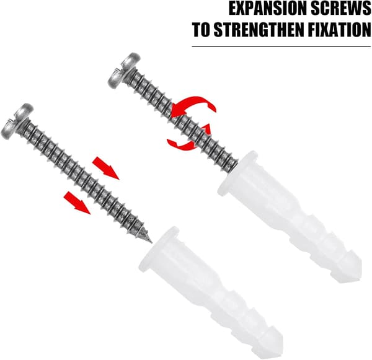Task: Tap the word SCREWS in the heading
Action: tap(340, 9)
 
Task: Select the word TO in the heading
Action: tap(201, 29)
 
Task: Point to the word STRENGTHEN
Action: tap(259, 29)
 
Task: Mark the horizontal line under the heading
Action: tap(281, 46)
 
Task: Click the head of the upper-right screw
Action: tap(124, 71)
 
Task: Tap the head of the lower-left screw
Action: tap(17, 121)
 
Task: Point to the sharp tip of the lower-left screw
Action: tap(151, 243)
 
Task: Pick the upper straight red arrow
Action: tap(105, 168)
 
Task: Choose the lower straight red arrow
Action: tap(77, 203)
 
